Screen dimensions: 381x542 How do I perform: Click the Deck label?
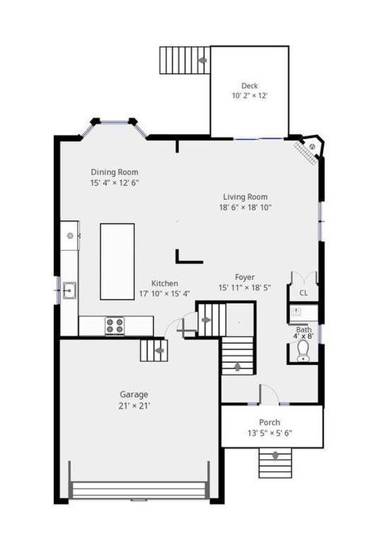pos(249,86)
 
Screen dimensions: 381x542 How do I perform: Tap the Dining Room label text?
pos(114,171)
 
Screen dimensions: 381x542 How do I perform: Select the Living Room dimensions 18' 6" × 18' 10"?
pos(245,207)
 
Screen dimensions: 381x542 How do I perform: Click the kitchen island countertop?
pos(117,261)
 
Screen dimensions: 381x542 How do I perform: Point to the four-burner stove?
pos(115,325)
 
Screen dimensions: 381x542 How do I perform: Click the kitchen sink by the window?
pos(70,290)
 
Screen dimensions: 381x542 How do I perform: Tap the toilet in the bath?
pos(303,351)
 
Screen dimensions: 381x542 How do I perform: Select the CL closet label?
pos(303,293)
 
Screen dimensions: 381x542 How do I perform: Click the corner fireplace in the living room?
pos(310,149)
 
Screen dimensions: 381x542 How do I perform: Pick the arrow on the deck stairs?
pos(202,60)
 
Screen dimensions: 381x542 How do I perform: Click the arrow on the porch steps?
pos(275,456)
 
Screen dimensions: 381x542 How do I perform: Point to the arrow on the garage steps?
pos(159,351)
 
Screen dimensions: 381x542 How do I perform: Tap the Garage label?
pos(134,394)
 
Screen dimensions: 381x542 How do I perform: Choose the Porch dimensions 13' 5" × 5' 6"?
pos(270,433)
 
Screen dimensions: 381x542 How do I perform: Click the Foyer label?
pos(244,277)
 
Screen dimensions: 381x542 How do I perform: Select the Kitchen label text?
pos(164,283)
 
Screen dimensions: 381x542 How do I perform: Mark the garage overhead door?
pos(139,490)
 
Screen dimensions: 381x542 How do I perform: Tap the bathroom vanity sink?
pos(296,312)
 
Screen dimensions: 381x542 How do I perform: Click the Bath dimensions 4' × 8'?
pos(303,336)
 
